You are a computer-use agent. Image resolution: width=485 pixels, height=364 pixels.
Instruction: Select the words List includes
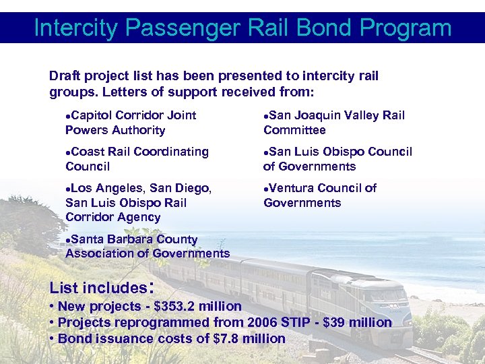pyautogui.click(x=98, y=289)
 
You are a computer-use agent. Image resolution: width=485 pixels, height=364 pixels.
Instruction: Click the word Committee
pyautogui.click(x=294, y=130)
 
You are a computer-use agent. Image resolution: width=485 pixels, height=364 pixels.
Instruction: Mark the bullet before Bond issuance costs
pyautogui.click(x=53, y=338)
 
